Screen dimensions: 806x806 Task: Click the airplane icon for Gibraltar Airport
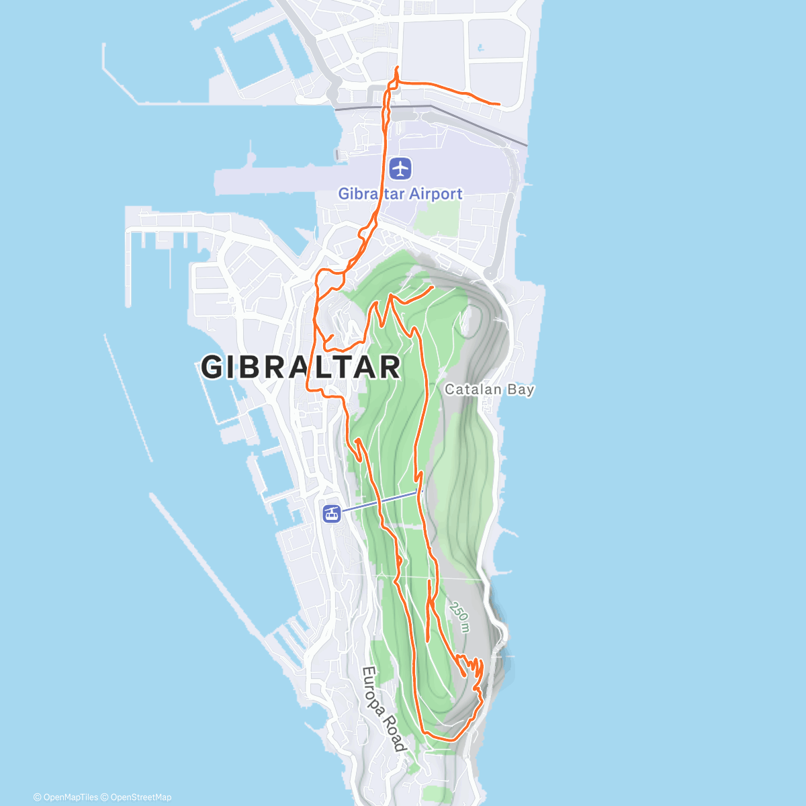pyautogui.click(x=400, y=168)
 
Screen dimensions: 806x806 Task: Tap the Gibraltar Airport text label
pyautogui.click(x=400, y=193)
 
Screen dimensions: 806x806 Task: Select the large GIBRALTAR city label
pyautogui.click(x=301, y=367)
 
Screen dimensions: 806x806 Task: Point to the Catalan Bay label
pyautogui.click(x=489, y=389)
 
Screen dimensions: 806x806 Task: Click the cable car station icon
pyautogui.click(x=331, y=514)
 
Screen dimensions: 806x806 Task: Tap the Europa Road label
pyautogui.click(x=384, y=709)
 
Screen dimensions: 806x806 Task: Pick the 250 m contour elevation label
pyautogui.click(x=460, y=617)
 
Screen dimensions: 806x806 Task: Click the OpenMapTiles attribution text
pyautogui.click(x=66, y=797)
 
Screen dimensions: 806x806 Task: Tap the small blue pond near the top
pyautogui.click(x=480, y=48)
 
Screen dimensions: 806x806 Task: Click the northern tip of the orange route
pyautogui.click(x=398, y=68)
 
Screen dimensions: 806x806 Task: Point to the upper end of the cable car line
pyautogui.click(x=417, y=492)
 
